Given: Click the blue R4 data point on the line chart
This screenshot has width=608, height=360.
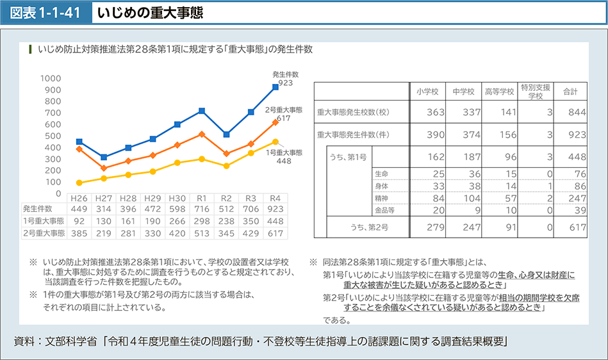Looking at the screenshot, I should [275, 86].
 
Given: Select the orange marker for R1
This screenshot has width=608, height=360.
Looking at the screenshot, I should [202, 135].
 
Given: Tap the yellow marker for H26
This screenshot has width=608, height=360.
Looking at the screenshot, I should [79, 183].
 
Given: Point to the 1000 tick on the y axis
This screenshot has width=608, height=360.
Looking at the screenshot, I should [51, 78].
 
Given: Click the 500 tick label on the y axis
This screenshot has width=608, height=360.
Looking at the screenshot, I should [53, 136].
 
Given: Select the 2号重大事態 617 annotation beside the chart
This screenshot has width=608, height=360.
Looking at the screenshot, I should [283, 114].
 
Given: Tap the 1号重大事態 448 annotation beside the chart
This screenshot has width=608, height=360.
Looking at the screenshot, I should [283, 157].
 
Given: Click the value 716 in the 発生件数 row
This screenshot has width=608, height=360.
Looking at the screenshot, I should [202, 208].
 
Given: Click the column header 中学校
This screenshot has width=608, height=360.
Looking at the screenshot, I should [463, 91].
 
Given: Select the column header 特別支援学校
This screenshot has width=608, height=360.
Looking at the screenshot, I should [536, 91].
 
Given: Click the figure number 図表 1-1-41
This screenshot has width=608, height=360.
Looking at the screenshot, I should [43, 12].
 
